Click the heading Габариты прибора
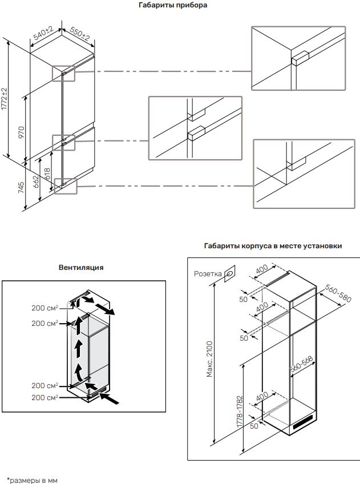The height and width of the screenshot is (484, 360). (173, 6)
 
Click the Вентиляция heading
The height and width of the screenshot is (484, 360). (81, 267)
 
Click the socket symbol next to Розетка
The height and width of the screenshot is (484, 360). (229, 273)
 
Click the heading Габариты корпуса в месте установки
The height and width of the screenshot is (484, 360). (273, 246)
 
